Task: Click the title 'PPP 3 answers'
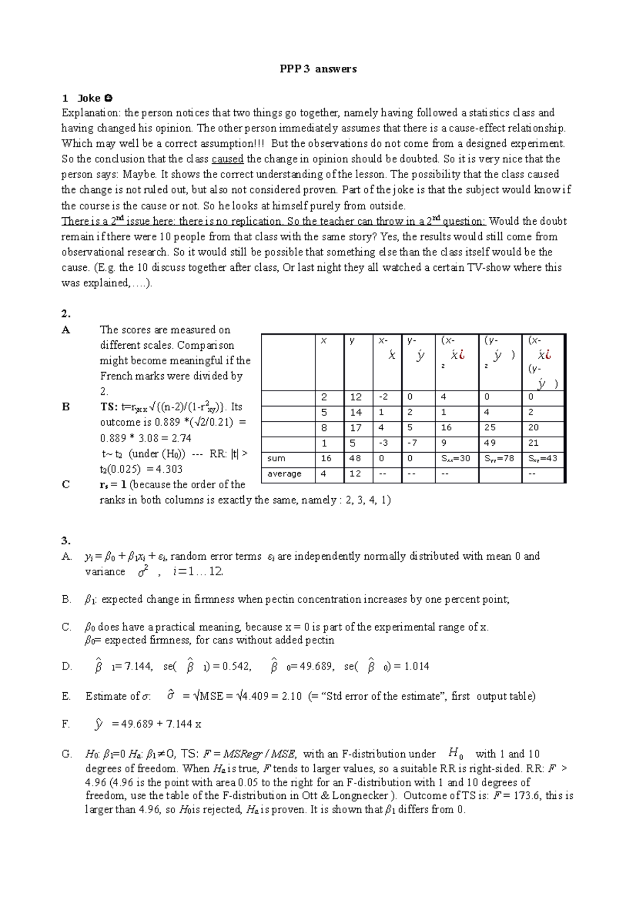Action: tap(318, 69)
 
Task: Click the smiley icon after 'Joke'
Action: tap(109, 98)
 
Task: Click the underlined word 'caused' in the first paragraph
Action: tap(227, 159)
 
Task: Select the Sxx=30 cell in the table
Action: tap(456, 458)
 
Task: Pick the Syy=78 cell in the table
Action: tap(499, 458)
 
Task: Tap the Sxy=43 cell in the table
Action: tap(543, 458)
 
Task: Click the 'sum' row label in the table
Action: tap(276, 458)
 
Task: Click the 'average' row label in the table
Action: tap(284, 474)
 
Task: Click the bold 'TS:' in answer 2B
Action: tap(109, 407)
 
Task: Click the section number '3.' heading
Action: tap(66, 541)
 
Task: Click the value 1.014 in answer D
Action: tap(416, 667)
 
